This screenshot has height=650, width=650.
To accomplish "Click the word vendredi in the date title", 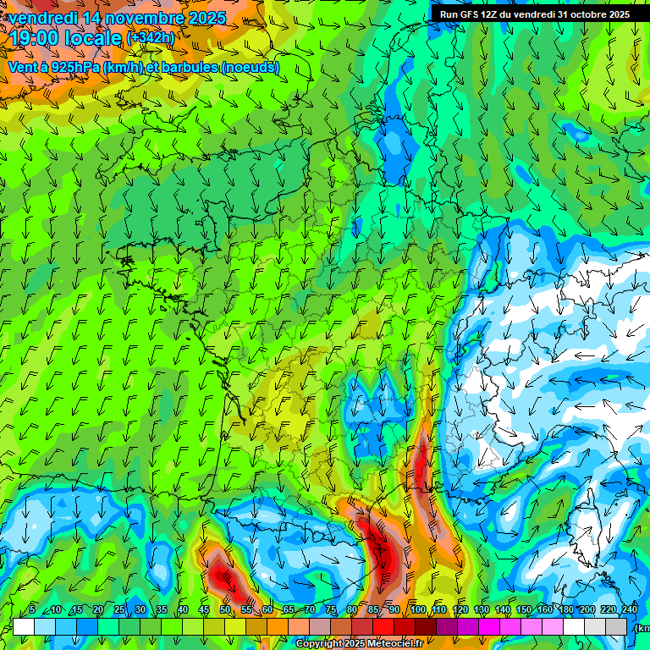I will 40,17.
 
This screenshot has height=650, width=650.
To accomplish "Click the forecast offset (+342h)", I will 151,38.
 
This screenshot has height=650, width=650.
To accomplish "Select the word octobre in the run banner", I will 579,14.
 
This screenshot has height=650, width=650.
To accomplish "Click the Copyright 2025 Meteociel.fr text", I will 359,644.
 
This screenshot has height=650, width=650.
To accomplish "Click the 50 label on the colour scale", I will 225,610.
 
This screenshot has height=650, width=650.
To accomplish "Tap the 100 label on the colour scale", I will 417,610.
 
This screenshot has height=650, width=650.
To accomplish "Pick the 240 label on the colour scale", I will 629,610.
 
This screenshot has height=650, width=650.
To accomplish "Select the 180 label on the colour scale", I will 565,610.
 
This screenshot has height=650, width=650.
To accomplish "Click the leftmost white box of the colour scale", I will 23,626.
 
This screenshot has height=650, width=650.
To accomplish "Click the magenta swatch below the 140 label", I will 489,626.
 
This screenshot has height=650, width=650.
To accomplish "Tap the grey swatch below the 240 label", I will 616,626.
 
